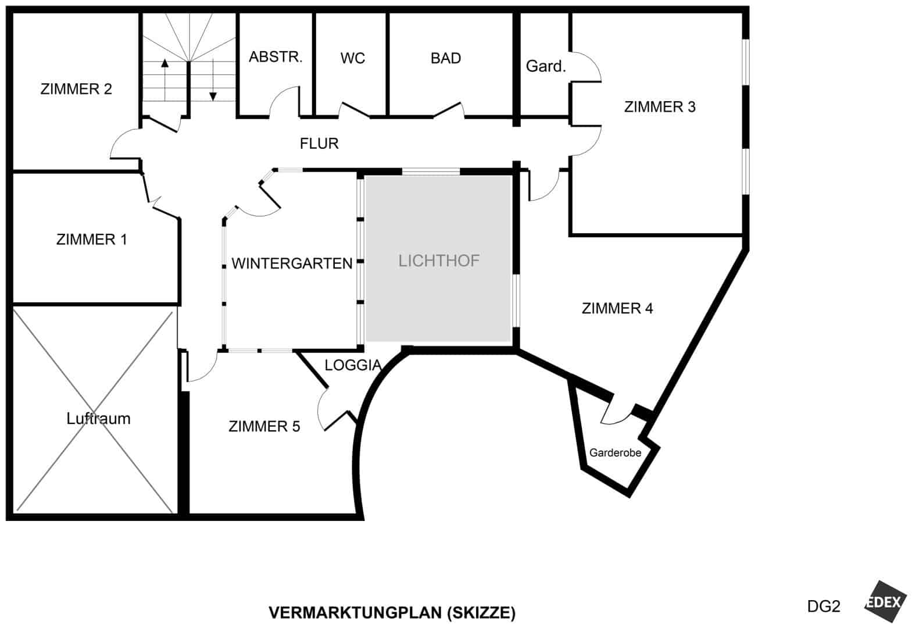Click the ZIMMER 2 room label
click(76, 89)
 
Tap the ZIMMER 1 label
click(92, 240)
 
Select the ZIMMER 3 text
click(660, 107)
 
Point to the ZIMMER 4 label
click(617, 308)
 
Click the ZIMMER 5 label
click(264, 426)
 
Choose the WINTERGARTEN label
click(292, 263)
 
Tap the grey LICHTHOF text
click(439, 261)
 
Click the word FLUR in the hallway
click(319, 144)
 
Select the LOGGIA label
click(353, 365)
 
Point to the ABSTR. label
click(276, 56)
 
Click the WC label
click(353, 58)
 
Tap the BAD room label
click(446, 58)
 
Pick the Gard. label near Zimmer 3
click(546, 66)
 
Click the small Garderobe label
click(615, 452)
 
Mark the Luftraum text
click(99, 419)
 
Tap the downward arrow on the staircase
click(213, 80)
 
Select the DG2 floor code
click(824, 606)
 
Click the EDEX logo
click(885, 601)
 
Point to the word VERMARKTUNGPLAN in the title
click(355, 612)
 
